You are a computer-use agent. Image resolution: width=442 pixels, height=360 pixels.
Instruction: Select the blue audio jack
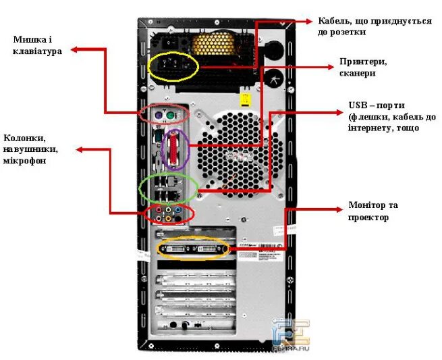click(178, 210)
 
